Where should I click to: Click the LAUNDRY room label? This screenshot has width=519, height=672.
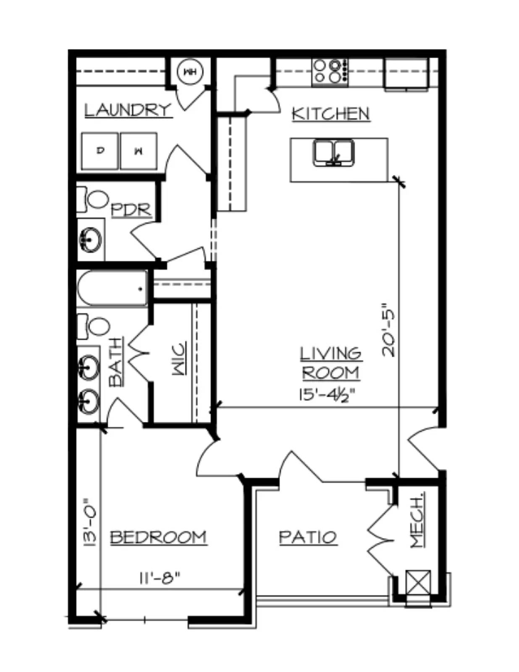point(128,110)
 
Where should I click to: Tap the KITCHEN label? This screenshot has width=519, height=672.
point(331,113)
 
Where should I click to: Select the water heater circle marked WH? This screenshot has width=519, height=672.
point(190,72)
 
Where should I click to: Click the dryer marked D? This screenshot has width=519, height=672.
point(100,151)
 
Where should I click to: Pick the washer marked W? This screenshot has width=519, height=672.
point(139,151)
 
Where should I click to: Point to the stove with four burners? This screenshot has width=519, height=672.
point(330,72)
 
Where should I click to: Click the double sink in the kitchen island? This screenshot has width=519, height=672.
point(334,153)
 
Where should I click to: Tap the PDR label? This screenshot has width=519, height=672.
point(131,210)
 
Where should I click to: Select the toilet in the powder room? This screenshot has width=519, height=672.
point(92,199)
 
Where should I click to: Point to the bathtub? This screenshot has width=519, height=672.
point(112,289)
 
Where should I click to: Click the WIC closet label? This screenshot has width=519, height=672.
point(179,358)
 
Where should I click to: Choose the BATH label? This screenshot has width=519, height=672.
point(116,362)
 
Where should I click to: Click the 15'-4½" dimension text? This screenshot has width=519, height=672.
point(327,396)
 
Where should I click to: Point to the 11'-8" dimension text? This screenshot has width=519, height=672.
point(160,577)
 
